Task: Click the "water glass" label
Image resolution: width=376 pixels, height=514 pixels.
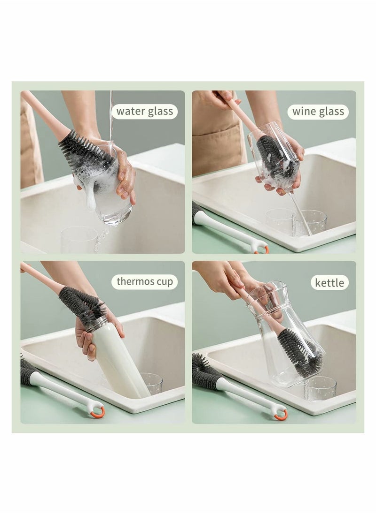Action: point(144,112)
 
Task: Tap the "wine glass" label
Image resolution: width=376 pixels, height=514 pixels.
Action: point(318,112)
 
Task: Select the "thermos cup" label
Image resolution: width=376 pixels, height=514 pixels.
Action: point(144,282)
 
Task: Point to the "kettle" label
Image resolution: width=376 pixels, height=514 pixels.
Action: point(329,283)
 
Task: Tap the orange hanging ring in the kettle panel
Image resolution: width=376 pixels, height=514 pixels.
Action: point(281,414)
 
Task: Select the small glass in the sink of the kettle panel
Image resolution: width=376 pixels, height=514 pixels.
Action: point(320,388)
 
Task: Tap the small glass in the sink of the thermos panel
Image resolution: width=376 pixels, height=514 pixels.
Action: point(152,384)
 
